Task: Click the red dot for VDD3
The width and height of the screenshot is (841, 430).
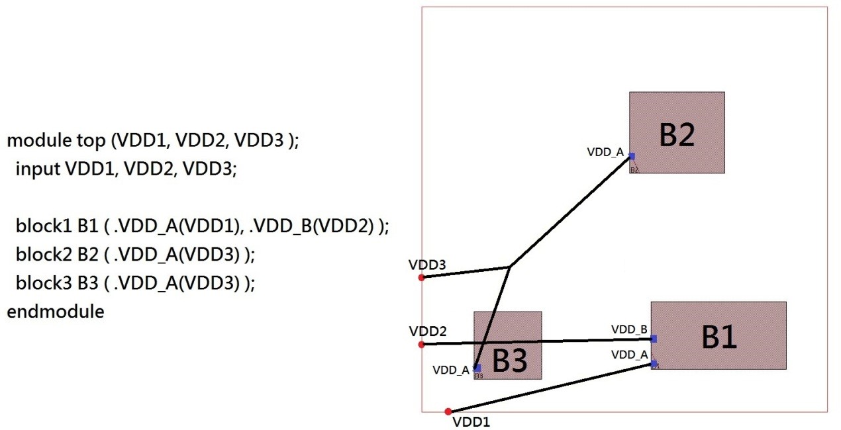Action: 421,277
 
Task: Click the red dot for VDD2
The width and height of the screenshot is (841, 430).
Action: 421,344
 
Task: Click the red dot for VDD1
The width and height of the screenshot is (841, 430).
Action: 448,411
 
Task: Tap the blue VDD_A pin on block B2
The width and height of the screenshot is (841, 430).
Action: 632,157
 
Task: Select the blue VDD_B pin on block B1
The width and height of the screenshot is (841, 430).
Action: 654,339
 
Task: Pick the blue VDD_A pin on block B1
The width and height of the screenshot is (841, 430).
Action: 654,363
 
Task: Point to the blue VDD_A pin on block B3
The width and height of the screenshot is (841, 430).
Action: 477,368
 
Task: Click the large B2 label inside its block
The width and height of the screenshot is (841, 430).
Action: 677,134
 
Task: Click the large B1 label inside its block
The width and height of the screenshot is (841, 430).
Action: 719,337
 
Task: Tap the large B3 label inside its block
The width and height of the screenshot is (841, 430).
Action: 510,361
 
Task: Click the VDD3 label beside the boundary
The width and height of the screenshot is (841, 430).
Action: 427,265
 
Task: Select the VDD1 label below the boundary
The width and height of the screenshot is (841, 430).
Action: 471,421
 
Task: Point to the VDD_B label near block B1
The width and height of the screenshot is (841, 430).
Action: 629,329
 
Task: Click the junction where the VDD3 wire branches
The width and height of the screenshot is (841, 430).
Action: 509,267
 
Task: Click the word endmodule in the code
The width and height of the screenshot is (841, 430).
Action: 56,311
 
